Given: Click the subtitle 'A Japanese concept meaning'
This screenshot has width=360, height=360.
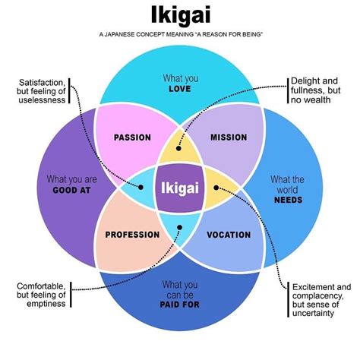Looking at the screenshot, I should point(180,34).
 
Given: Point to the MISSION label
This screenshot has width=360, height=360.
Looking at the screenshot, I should point(228,137).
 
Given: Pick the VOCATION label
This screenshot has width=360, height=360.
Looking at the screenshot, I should point(229,235).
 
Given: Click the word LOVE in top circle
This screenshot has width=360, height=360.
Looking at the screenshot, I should point(180,89).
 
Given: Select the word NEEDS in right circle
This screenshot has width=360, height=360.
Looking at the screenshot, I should point(289,200).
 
